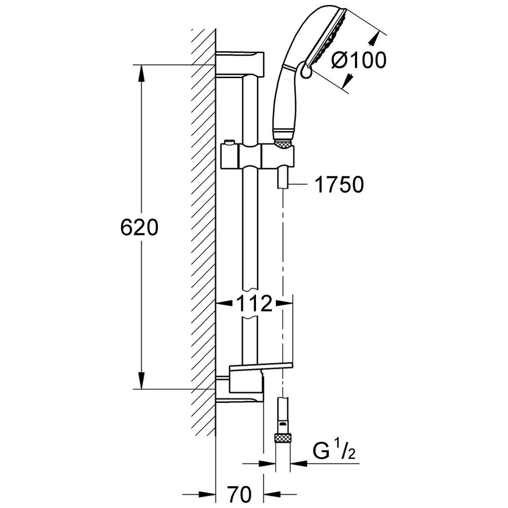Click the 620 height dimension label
click(139, 227)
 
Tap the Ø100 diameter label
click(359, 60)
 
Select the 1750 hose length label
click(339, 185)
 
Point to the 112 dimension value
click(255, 304)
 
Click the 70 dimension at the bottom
click(239, 494)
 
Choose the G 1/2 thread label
click(334, 451)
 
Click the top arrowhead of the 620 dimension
click(141, 74)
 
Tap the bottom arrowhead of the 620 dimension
click(141, 380)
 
